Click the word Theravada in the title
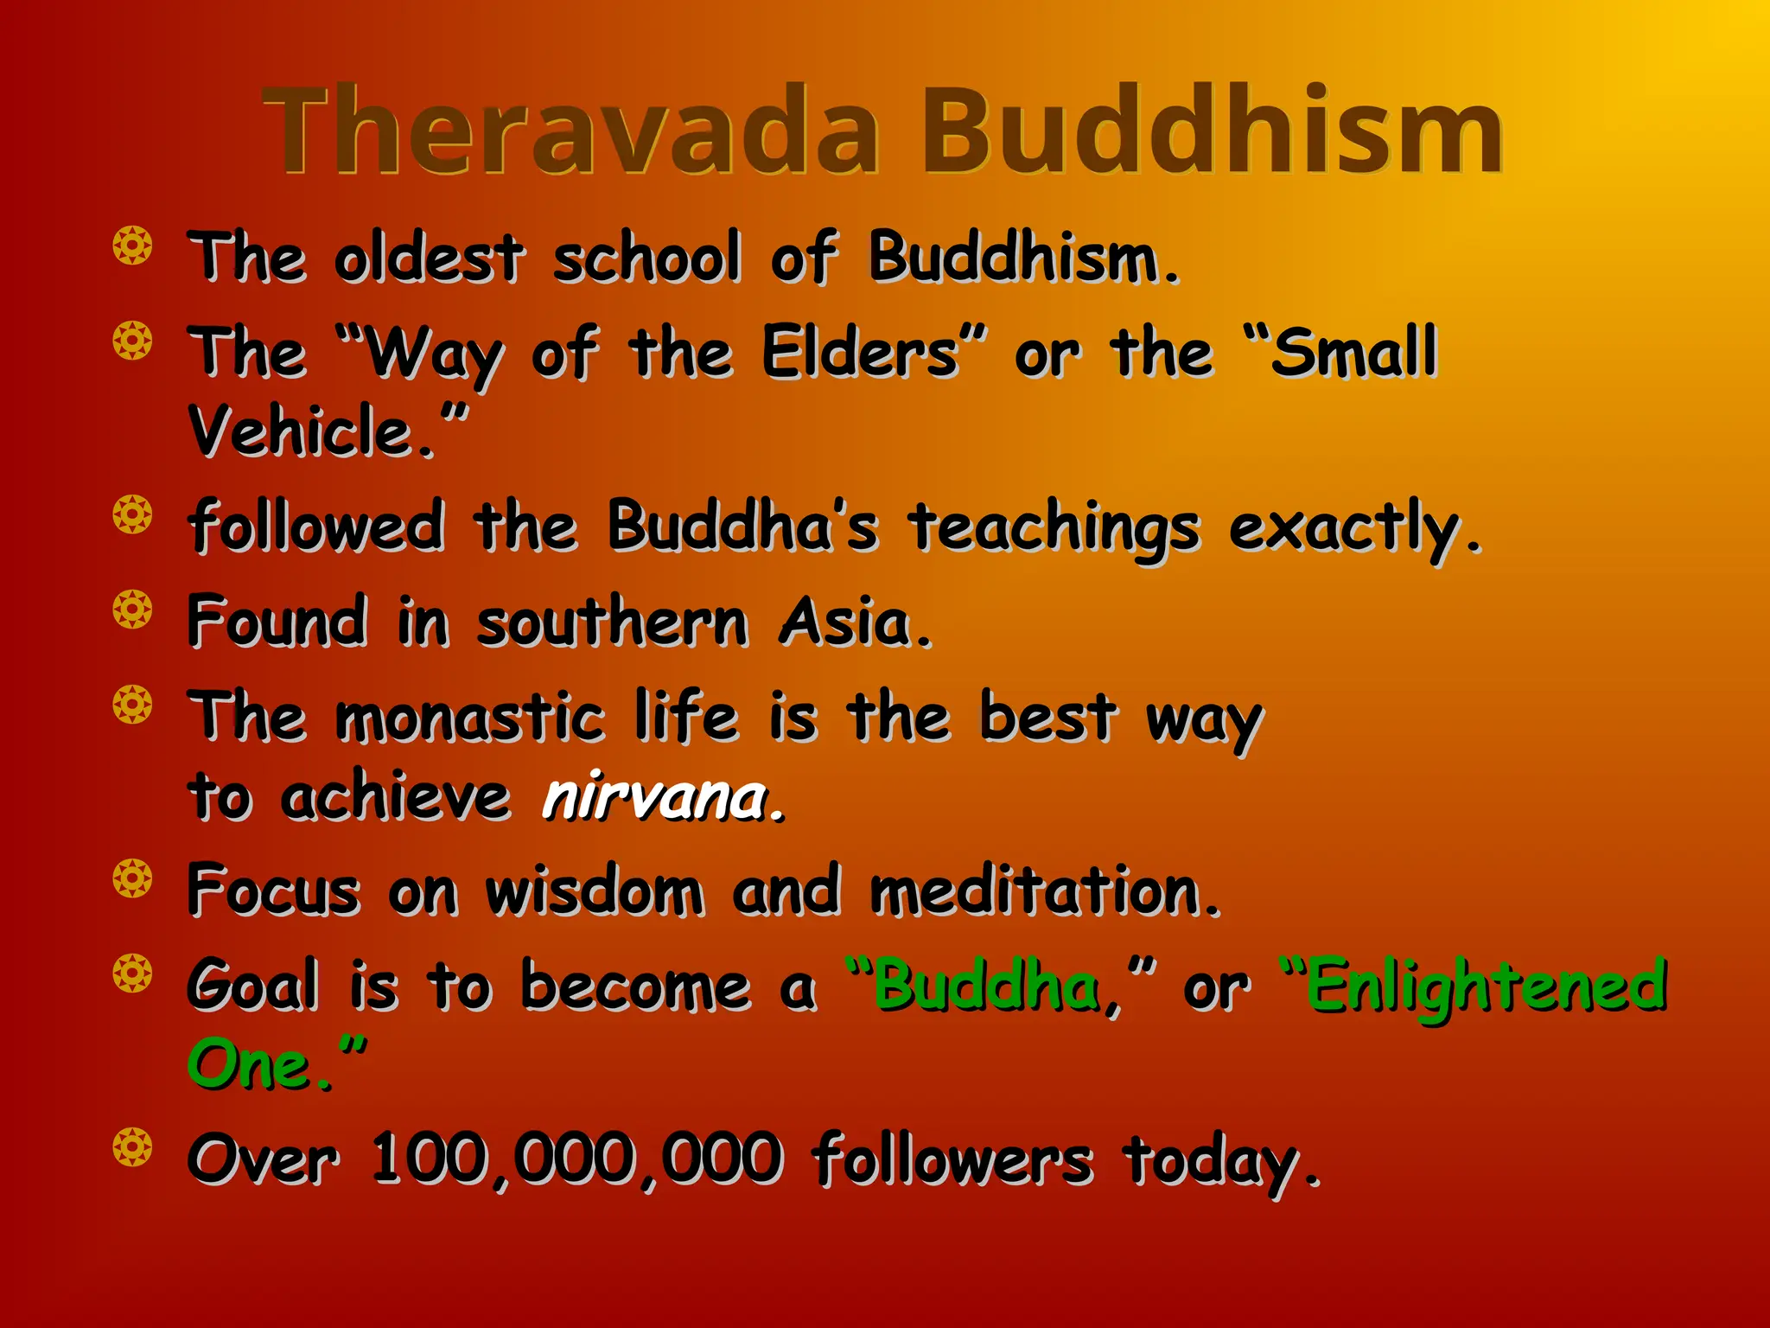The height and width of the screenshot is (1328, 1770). (x=571, y=131)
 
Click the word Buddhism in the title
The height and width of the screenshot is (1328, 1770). (x=1211, y=131)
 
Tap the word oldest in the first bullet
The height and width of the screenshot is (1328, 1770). (x=430, y=258)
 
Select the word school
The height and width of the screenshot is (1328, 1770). (x=647, y=258)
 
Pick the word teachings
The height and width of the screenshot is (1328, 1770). (x=1054, y=527)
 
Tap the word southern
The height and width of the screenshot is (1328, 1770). (x=612, y=622)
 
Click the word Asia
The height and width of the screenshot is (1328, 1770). (x=854, y=622)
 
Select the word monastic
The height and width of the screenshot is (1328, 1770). (x=470, y=718)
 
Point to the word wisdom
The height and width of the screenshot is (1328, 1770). (x=594, y=891)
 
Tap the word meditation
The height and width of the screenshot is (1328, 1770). (x=1044, y=891)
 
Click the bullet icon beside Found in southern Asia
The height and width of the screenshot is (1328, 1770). (x=132, y=610)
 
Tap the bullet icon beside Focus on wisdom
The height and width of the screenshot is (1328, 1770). (x=132, y=879)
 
